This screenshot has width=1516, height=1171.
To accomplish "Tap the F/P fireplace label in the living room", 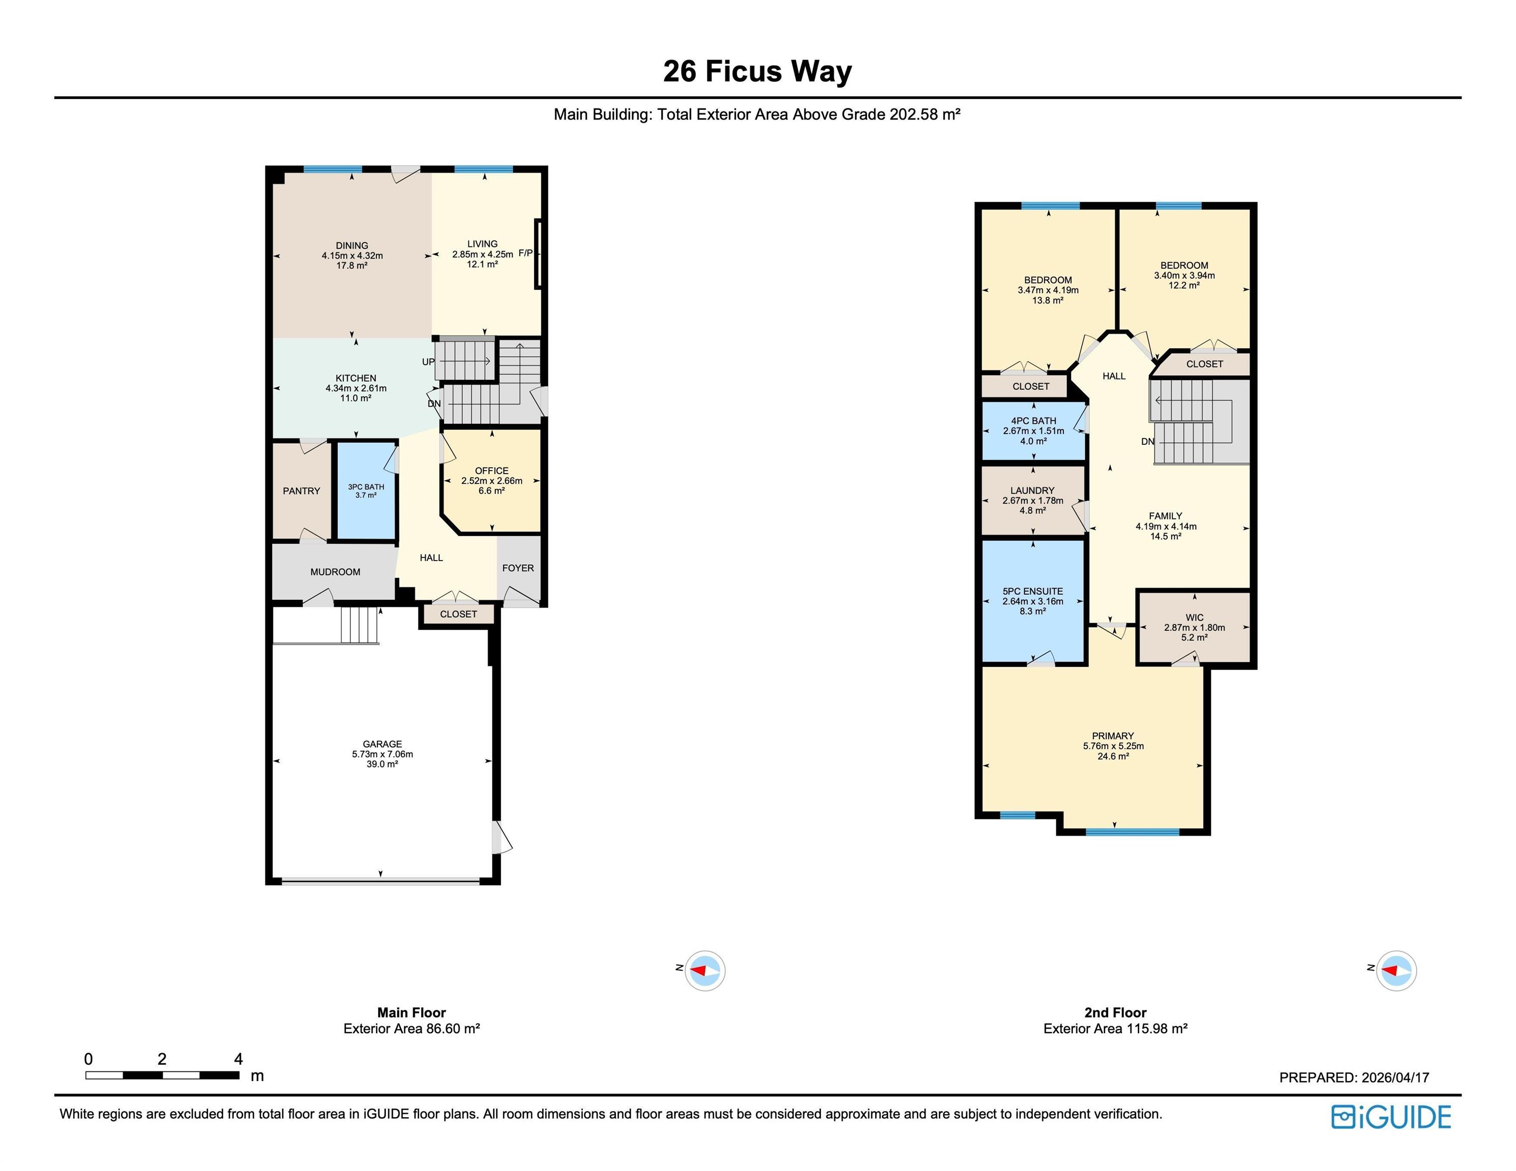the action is click(525, 253).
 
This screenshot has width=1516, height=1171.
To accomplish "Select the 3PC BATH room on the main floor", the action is click(366, 490).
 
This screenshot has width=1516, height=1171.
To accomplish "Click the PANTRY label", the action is click(301, 491).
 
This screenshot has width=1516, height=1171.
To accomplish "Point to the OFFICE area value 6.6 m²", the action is click(491, 490).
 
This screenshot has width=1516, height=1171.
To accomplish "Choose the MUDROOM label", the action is click(335, 572).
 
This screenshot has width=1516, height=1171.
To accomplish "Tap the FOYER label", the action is click(518, 568).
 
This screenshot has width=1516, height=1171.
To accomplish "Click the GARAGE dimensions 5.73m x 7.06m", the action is click(382, 754).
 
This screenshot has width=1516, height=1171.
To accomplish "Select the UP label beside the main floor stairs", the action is click(428, 361).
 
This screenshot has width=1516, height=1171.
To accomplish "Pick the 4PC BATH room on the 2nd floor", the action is click(1033, 431).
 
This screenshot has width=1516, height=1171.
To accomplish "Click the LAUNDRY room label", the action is click(1032, 490).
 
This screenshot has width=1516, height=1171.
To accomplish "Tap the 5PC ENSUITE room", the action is click(1033, 601).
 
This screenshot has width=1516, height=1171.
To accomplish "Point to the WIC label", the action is click(1195, 618).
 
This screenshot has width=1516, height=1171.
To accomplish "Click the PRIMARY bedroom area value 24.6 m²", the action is click(1113, 756).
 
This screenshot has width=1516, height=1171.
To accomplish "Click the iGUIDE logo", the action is click(1391, 1117).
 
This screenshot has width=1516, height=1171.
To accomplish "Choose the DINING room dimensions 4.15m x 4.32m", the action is click(352, 255).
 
